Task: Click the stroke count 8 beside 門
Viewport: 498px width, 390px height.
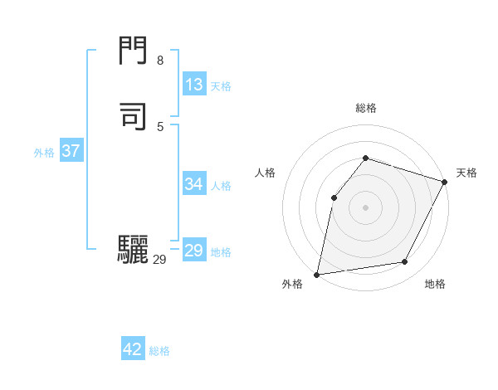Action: [159, 61]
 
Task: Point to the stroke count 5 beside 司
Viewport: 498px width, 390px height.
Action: [159, 126]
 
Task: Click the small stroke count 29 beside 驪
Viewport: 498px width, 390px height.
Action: [159, 260]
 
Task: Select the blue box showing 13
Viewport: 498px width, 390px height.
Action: [194, 85]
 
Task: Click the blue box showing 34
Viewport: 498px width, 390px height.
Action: [194, 184]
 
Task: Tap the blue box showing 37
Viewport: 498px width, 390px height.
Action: [71, 151]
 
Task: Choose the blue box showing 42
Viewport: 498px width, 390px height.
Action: [133, 349]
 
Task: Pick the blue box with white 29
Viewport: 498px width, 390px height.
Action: [194, 251]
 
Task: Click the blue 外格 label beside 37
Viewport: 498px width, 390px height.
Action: [44, 153]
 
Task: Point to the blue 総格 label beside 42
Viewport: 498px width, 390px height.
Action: [159, 351]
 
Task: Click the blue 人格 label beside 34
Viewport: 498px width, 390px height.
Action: [221, 186]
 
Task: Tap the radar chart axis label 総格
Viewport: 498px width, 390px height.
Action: [365, 108]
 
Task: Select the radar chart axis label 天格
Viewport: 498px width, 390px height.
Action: [466, 173]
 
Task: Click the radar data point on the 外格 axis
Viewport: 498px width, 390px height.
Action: [317, 274]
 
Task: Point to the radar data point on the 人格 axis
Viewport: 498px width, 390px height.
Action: [334, 197]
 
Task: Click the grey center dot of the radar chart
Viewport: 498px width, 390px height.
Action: [365, 207]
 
